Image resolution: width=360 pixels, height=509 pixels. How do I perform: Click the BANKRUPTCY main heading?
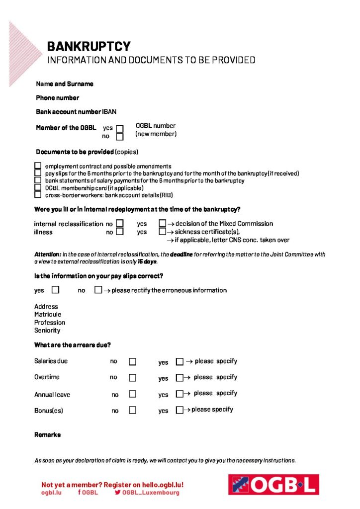coord(89,47)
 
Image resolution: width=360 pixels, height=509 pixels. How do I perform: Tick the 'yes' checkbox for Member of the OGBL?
coord(119,129)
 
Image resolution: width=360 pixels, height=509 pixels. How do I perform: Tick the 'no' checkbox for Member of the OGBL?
coord(119,137)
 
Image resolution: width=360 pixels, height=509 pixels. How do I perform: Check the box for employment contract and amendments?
coord(38,166)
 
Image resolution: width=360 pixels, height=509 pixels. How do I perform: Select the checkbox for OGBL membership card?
coord(38,188)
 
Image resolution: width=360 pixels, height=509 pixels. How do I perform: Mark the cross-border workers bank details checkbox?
coord(38,195)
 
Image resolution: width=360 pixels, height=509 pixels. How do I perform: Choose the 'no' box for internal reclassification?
coord(119,224)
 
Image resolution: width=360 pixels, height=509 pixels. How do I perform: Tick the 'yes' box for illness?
coord(162,232)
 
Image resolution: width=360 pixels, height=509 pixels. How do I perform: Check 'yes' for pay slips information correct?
coord(55,289)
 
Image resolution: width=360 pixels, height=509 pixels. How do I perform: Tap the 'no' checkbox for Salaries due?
coord(132,362)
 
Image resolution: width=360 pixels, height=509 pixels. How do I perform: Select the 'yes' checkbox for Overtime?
coord(180,378)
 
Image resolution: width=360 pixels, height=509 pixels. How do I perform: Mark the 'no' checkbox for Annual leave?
coord(132,394)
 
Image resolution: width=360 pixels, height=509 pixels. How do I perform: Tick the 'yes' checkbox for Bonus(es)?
coord(180,411)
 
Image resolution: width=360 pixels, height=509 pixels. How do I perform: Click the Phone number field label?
coord(57,98)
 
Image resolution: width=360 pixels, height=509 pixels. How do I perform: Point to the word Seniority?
coord(47,331)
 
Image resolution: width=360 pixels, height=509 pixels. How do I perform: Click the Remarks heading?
coord(47,435)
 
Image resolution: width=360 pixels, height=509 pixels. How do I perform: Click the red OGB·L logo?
coord(273,484)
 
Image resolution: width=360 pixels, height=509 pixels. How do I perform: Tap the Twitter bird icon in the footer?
coord(118,493)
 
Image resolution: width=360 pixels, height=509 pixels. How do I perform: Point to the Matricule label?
coord(48,315)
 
